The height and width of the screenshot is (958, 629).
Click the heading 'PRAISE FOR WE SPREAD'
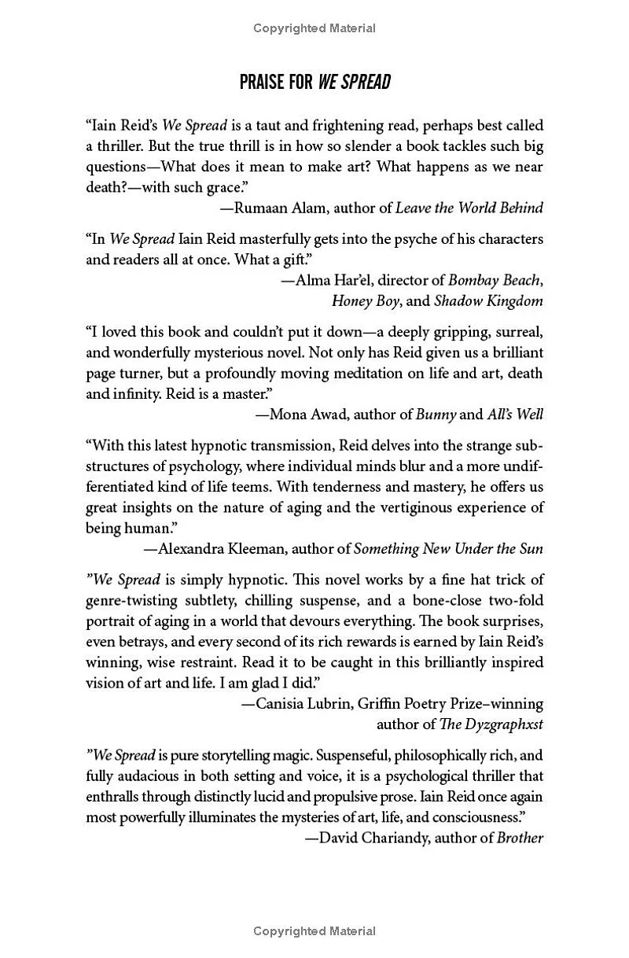click(314, 82)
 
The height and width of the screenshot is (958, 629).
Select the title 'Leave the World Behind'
click(469, 208)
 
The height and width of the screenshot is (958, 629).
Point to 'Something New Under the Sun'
click(448, 548)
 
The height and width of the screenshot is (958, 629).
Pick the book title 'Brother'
click(520, 838)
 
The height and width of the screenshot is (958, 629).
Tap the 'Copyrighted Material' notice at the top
click(314, 28)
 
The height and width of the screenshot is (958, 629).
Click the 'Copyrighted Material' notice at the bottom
click(314, 931)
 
